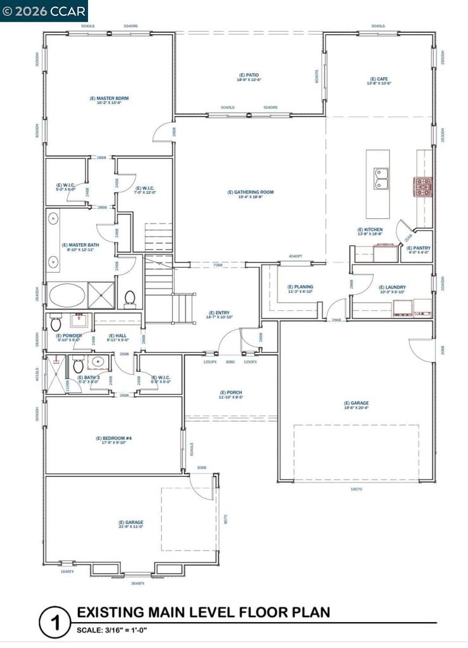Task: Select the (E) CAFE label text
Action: click(381, 81)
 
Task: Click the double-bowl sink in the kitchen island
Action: click(382, 178)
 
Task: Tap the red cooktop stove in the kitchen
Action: click(422, 187)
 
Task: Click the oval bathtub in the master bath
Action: click(65, 296)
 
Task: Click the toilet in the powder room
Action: click(55, 321)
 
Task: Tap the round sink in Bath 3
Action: click(96, 363)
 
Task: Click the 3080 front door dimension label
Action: click(230, 362)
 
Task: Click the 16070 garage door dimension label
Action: click(357, 489)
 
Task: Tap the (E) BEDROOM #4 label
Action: click(113, 440)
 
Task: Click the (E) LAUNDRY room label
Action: click(392, 289)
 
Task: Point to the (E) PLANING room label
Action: click(300, 289)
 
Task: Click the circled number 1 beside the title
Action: click(54, 623)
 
